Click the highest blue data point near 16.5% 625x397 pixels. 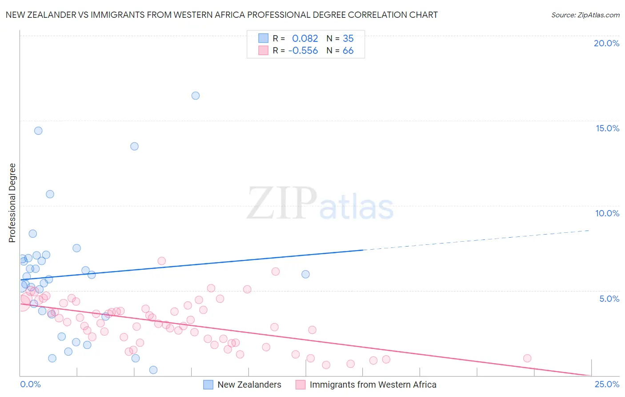196,96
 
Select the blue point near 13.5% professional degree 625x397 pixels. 134,146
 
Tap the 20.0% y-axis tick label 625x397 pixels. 606,43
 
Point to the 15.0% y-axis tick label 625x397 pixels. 607,128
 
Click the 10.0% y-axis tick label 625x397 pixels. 607,213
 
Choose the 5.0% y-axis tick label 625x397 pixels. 609,299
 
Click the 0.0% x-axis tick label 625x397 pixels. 30,384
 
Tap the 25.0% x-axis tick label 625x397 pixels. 607,384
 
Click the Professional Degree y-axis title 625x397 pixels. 12,203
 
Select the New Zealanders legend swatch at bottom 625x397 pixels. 208,385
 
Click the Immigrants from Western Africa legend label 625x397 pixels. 373,385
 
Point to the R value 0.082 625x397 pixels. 305,39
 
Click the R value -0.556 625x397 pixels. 303,51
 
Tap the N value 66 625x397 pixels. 348,51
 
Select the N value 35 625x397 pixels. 348,39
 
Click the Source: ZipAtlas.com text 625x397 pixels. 585,15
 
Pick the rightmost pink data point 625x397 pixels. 527,358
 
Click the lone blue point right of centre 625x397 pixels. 305,274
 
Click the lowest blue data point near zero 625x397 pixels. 153,370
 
